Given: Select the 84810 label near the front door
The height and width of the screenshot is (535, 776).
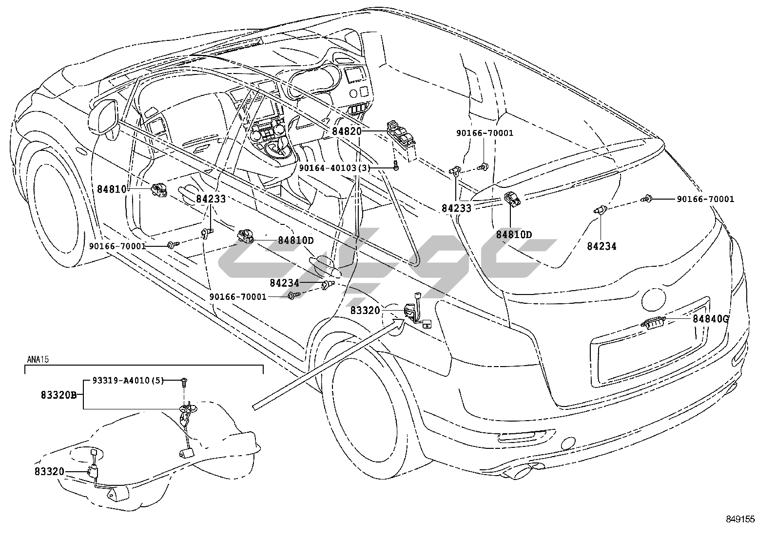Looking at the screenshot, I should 112,189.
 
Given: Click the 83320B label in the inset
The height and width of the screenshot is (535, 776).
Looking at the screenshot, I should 58,395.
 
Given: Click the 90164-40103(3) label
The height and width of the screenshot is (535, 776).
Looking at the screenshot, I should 335,167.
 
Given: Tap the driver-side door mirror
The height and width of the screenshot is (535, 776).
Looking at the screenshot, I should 103,117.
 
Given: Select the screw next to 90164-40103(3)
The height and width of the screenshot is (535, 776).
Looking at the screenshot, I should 396,167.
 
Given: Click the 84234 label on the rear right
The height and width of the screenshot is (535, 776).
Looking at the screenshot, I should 601,246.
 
